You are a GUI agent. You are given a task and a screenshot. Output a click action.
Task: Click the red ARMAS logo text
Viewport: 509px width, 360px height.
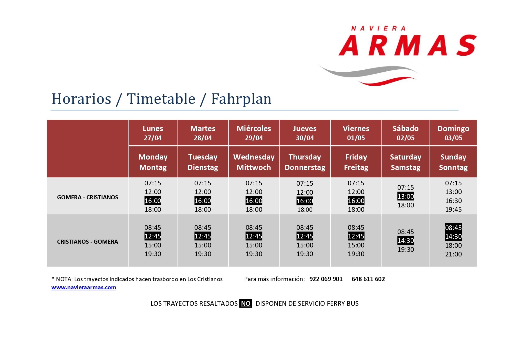407,45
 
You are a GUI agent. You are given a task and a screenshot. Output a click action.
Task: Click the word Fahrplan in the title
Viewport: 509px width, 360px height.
241,99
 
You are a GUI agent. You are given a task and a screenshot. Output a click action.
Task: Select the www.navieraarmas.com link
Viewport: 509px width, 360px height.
84,287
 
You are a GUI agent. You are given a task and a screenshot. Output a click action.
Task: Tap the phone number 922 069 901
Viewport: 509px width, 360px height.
326,279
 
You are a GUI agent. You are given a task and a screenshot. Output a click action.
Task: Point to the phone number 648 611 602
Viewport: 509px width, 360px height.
368,279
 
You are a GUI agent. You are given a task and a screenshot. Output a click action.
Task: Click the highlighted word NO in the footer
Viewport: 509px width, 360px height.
246,303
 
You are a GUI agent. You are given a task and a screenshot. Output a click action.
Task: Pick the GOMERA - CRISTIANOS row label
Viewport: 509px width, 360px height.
88,197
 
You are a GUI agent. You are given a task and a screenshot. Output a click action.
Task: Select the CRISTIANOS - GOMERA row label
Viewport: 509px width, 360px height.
88,242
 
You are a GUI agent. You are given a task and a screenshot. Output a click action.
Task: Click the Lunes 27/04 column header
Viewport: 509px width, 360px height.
153,133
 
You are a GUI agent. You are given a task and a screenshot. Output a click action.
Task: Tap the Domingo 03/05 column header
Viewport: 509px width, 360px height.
453,133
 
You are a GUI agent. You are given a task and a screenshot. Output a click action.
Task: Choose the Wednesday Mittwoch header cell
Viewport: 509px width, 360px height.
254,162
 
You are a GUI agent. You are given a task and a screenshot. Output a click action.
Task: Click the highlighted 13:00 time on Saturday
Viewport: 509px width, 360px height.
406,196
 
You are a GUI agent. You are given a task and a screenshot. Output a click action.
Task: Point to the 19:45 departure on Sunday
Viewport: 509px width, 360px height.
454,209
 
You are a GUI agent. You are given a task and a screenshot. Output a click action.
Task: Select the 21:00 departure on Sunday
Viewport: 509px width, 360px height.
454,254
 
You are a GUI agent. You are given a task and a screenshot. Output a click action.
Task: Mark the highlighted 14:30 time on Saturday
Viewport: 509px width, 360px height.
406,240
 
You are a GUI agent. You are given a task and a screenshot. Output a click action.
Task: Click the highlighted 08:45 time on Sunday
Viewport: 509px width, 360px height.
454,228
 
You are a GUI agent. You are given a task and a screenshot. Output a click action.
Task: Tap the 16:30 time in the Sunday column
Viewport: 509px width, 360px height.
454,201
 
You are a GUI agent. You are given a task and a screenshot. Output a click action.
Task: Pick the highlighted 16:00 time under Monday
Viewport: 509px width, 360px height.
153,201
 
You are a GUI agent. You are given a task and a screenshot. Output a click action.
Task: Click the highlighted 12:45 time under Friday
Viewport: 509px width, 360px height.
356,236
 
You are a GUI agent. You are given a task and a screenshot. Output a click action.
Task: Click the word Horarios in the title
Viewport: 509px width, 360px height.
81,99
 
